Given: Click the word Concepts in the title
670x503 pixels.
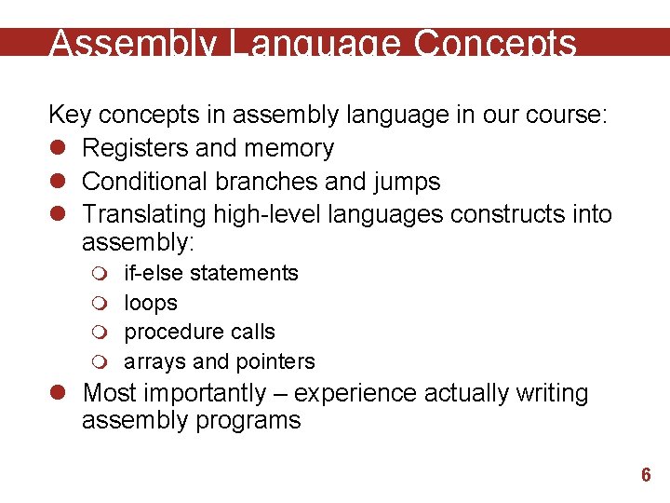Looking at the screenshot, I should coord(494,44).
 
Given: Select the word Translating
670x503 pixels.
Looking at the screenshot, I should coord(143,214).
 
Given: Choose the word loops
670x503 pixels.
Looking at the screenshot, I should coord(151,303).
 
